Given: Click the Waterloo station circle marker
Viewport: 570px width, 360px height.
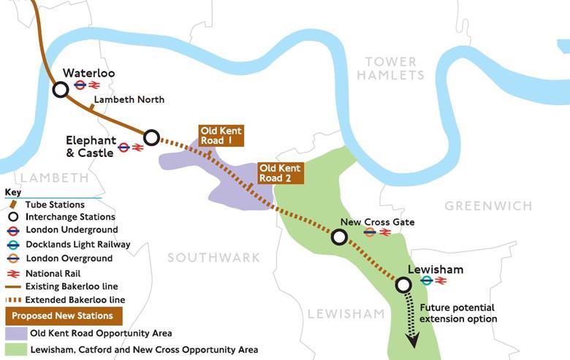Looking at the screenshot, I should (61, 89).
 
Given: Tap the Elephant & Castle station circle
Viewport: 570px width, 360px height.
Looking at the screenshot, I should (151, 137).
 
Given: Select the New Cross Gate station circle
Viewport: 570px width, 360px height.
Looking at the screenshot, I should (339, 237).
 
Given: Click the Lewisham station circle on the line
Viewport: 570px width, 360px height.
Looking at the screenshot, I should (403, 285).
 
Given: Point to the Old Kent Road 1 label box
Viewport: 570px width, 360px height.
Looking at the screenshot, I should (220, 136).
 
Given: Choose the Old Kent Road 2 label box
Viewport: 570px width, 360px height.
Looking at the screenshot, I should (280, 173).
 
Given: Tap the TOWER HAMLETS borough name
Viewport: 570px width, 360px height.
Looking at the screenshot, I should (390, 68).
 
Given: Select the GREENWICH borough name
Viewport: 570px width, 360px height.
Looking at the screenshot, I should (488, 206).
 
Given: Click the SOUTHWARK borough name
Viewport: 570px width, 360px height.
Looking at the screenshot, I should (213, 257).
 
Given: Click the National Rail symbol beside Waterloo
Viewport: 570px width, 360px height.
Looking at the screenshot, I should (94, 85).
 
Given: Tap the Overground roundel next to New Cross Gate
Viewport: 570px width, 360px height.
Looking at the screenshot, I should (370, 232).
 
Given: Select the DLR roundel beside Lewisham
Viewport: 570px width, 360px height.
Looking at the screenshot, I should (427, 280).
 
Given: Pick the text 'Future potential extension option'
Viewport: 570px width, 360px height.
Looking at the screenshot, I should (457, 313).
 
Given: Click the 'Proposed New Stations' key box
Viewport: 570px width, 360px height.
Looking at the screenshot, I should (63, 315).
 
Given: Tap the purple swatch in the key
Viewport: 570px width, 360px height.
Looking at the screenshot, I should (15, 333).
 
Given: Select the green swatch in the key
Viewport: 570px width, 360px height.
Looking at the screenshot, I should (15, 350).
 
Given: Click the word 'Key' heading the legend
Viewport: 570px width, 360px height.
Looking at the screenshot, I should (13, 193).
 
